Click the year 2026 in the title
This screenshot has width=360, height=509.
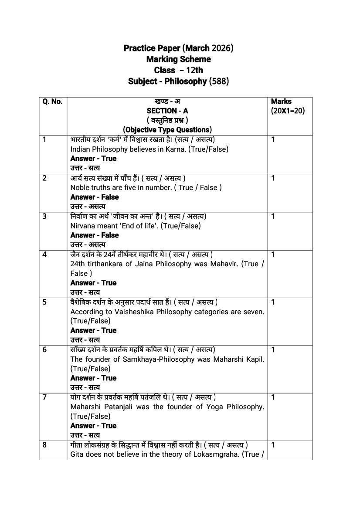click(222, 48)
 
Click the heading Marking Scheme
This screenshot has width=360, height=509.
click(178, 59)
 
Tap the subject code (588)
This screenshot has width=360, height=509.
click(219, 81)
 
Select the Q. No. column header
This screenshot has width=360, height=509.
click(52, 102)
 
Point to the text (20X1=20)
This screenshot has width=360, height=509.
click(288, 111)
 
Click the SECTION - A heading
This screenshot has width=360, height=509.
click(167, 111)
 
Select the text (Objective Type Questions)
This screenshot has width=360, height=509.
click(167, 129)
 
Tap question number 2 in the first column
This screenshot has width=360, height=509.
click(44, 178)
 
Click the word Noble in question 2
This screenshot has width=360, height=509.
click(79, 187)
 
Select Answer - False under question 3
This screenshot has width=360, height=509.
click(94, 235)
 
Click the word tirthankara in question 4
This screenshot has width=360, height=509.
click(104, 264)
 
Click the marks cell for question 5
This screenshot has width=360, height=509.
click(273, 302)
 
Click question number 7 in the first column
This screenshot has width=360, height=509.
click(44, 397)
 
